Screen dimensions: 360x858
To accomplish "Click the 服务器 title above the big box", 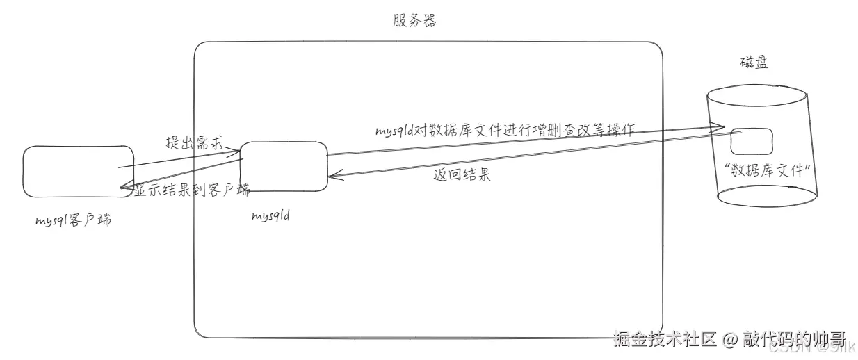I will pos(414,21).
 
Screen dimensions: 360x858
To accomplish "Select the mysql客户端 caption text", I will pos(73,221).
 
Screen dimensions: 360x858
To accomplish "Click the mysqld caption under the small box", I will pos(270,215).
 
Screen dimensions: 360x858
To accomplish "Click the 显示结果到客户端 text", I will pos(192,190).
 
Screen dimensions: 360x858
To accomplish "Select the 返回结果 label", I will pos(462,175).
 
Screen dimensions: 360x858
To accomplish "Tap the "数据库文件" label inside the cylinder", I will pos(768,171).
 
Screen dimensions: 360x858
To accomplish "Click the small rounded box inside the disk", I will pos(752,141).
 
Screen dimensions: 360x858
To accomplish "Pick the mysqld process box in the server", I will pos(283,166).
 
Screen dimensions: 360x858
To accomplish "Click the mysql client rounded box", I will pos(78,171).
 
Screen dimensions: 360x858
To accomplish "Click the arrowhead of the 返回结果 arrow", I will pos(332,176).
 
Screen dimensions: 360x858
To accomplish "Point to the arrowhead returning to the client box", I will pos(123,186).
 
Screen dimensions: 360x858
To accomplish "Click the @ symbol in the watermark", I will pos(729,340).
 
